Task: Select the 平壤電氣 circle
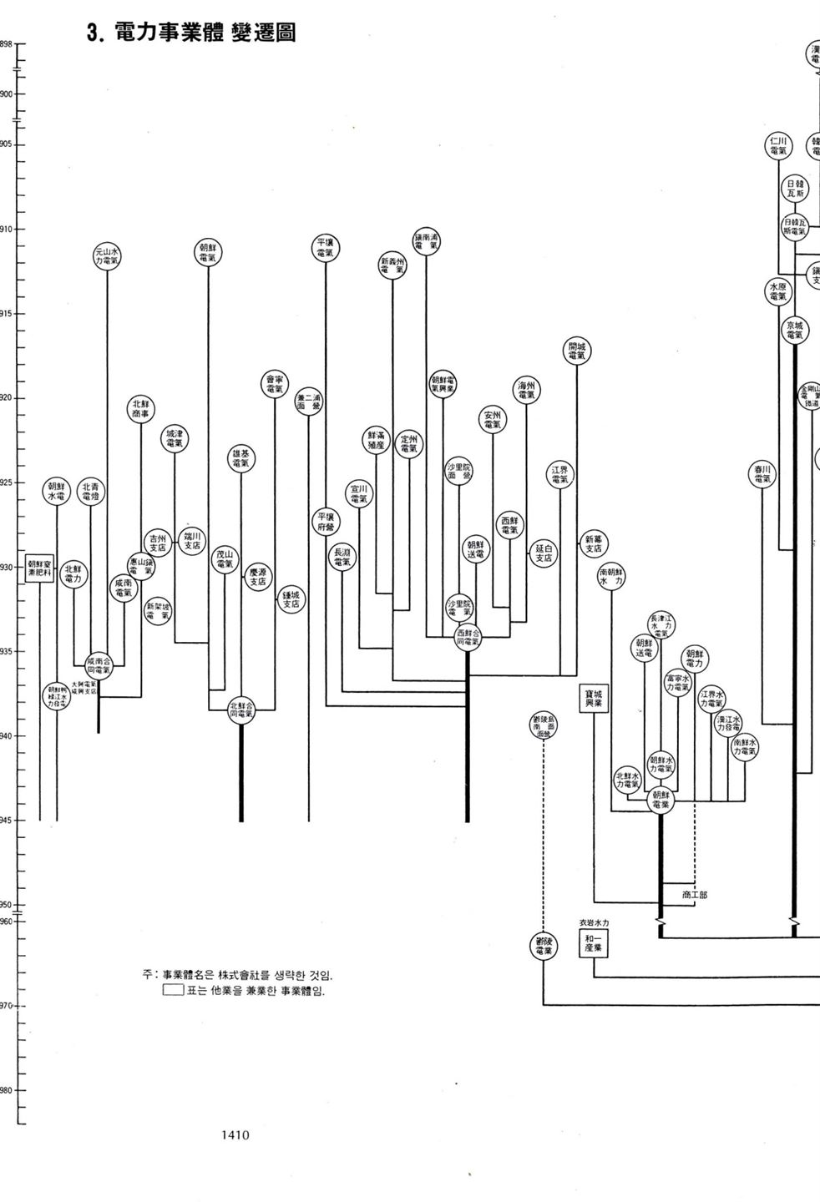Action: [x=326, y=248]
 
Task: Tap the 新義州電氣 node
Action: [x=392, y=266]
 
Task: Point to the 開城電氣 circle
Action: [x=576, y=351]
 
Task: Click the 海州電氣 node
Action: [x=526, y=391]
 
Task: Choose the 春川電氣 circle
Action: [x=762, y=474]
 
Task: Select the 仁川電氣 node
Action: [x=778, y=146]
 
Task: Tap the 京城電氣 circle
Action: [x=794, y=330]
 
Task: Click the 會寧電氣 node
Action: [x=275, y=384]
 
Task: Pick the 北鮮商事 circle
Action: [x=140, y=409]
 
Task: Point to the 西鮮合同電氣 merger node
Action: [x=468, y=639]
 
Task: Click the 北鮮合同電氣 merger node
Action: [x=241, y=710]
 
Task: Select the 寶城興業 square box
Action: [x=594, y=699]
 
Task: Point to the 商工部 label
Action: [x=694, y=895]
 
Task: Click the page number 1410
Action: [x=235, y=1135]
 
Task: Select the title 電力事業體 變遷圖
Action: [x=191, y=33]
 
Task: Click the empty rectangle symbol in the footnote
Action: [x=173, y=991]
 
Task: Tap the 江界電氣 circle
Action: [x=559, y=475]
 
